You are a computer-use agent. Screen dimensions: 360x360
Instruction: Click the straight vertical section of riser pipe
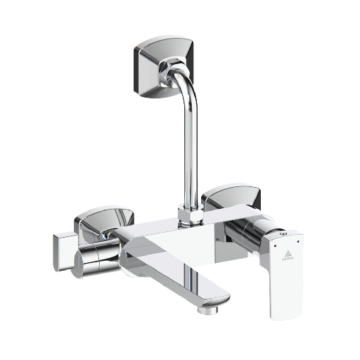189,155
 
